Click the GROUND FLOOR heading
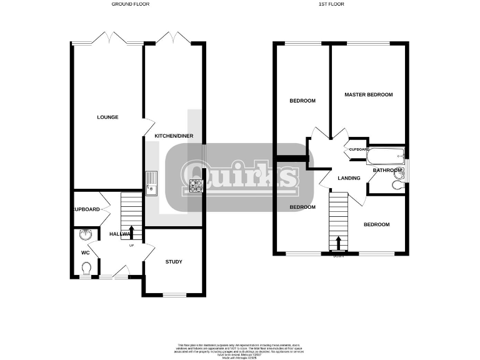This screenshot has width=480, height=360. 130,4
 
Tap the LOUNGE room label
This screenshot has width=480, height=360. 107,117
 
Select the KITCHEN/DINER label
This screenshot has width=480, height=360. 173,136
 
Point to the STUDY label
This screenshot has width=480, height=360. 174,261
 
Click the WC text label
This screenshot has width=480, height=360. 85,253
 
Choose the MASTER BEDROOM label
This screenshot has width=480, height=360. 369,94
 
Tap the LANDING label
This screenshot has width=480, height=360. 349,178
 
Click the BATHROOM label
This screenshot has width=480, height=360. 386,170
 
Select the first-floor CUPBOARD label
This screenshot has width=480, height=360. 359,149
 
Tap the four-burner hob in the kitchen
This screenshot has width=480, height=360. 195,185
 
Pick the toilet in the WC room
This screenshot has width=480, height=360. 86,269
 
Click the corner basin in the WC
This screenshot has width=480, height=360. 86,235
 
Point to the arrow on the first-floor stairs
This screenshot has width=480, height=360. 338,242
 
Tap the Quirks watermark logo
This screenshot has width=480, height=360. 239,174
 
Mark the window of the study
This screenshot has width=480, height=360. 174,294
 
